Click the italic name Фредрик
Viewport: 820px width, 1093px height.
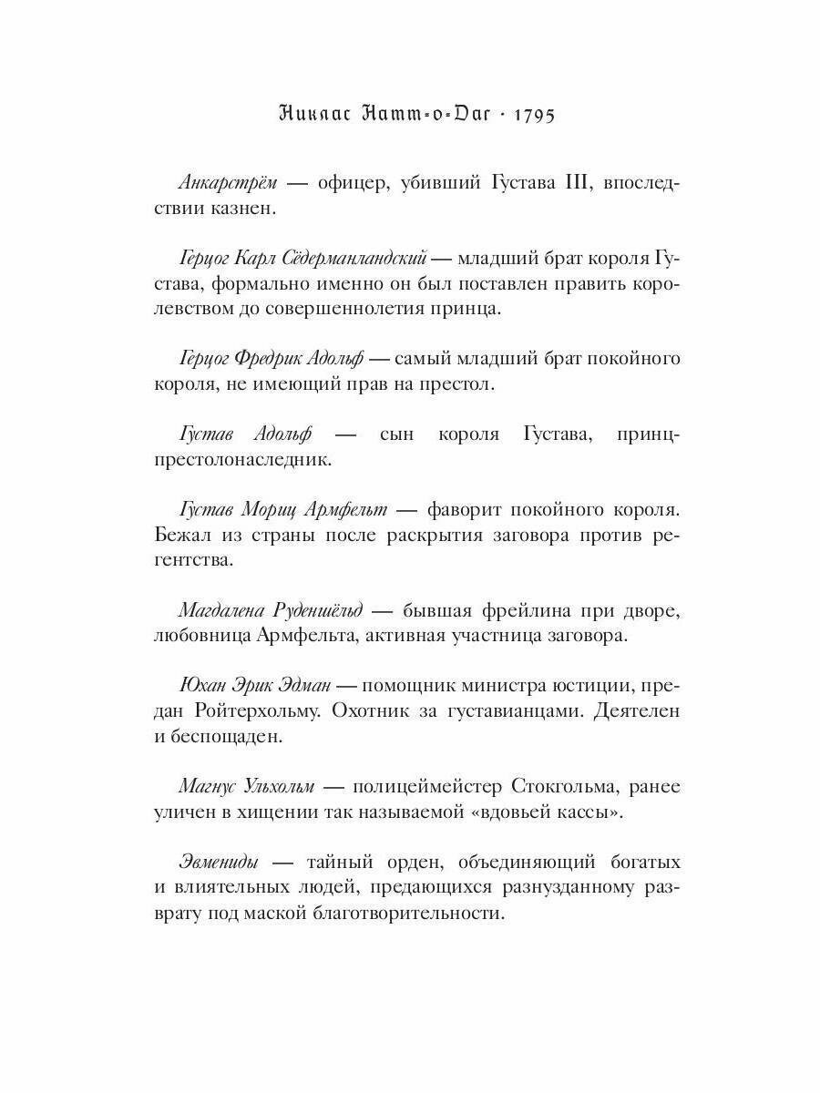point(277,359)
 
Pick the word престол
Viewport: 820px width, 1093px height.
point(455,384)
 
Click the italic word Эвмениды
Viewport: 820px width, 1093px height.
point(219,862)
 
